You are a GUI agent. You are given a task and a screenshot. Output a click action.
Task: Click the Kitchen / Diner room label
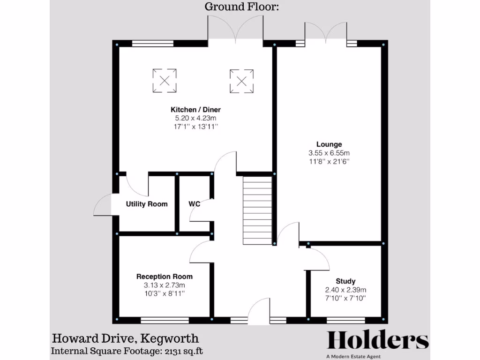click(x=195, y=110)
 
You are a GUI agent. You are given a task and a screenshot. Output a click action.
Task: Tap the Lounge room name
click(x=329, y=144)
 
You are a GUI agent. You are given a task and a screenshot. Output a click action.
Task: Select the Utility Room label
click(x=147, y=204)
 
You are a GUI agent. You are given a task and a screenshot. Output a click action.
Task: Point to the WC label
click(x=195, y=204)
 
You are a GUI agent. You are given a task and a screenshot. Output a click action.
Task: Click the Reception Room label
click(x=164, y=277)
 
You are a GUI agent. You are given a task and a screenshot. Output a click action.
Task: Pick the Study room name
click(x=345, y=281)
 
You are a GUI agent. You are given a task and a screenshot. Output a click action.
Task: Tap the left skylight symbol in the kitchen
click(x=165, y=80)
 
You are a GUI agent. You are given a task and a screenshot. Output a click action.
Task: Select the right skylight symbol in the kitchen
click(x=241, y=81)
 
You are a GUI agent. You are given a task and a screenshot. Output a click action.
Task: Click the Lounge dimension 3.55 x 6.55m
click(x=329, y=153)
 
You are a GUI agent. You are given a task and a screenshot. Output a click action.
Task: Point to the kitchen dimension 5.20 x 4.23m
click(x=195, y=118)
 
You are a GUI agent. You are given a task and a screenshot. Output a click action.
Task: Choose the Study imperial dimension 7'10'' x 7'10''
click(x=345, y=298)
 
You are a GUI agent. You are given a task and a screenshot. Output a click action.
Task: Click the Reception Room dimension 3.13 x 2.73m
click(x=164, y=285)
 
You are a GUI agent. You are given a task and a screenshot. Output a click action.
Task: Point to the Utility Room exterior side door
click(x=103, y=205)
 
